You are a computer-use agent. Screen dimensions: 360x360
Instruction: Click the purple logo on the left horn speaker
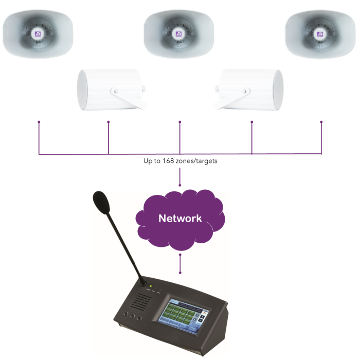tap(38, 35)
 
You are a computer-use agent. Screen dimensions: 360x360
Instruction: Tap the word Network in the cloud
tap(180, 218)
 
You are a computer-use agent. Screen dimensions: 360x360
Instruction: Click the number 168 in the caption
tap(170, 161)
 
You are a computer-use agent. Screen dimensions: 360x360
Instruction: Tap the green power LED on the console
tap(151, 286)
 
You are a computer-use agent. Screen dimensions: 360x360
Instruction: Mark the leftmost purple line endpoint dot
tap(39, 122)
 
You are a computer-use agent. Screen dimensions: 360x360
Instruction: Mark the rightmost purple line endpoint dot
tap(321, 122)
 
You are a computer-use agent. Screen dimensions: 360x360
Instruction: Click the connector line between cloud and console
tap(180, 263)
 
